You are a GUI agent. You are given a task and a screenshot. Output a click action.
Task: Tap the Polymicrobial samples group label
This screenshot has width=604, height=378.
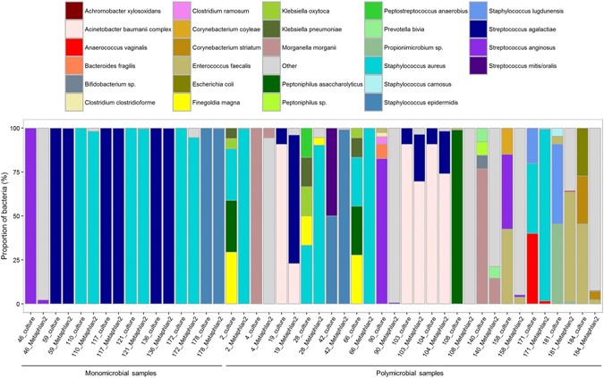pos(404,371)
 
